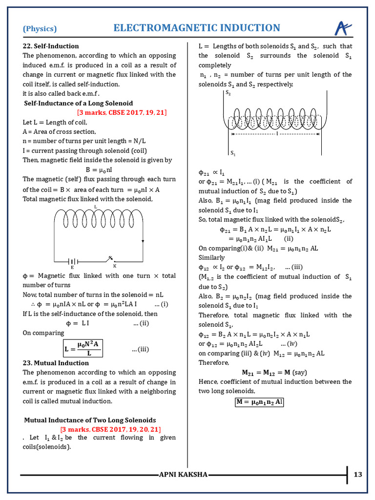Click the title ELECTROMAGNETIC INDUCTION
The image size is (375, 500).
(197, 28)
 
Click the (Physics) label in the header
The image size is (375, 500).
(40, 28)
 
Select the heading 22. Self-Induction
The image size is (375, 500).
(48, 46)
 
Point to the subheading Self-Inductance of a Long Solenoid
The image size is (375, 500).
(78, 104)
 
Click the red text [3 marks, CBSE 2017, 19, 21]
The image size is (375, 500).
(122, 113)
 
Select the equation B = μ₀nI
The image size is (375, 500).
(99, 169)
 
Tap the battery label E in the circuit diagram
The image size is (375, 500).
(72, 268)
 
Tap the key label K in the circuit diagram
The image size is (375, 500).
(114, 266)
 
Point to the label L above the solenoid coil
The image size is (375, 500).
(95, 207)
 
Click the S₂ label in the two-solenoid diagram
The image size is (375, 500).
(228, 92)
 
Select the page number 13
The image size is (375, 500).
(358, 474)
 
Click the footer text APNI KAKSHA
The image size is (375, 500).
(184, 475)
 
